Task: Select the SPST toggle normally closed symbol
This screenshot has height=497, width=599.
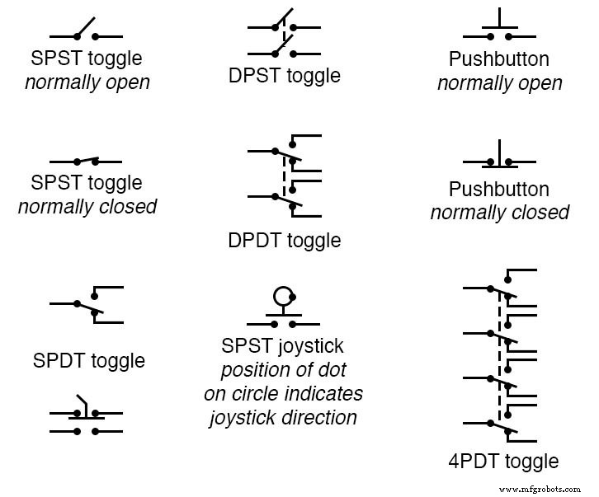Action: [86, 161]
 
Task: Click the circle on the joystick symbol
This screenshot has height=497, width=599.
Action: [283, 295]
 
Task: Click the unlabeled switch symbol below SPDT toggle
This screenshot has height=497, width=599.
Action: [86, 416]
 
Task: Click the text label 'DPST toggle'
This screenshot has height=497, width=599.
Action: [284, 76]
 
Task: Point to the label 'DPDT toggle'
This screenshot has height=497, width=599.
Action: [284, 241]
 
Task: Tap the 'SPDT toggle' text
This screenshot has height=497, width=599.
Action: [89, 360]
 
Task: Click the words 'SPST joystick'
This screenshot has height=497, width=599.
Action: [283, 346]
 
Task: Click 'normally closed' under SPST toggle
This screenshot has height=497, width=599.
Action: [87, 206]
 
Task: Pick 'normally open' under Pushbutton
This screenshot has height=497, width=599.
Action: [500, 83]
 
